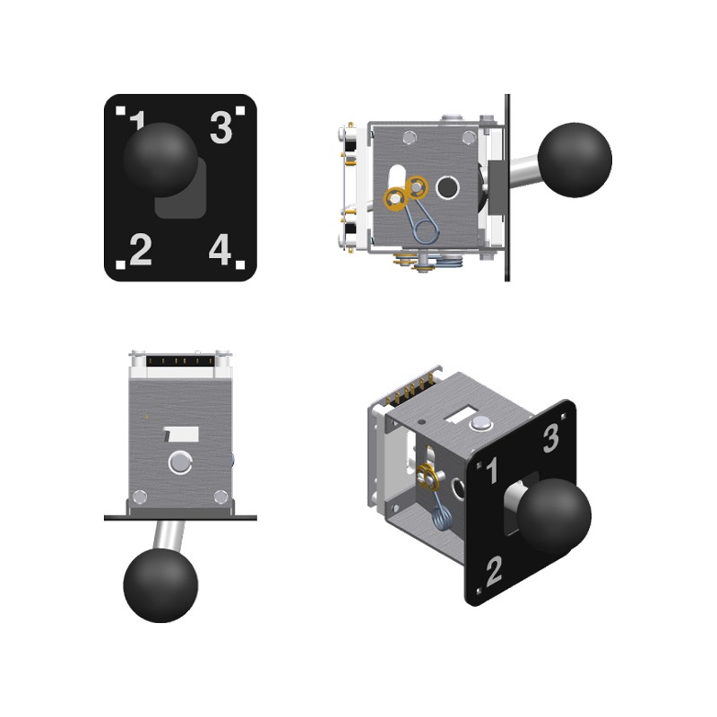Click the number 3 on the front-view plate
221,127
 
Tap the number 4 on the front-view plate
220,249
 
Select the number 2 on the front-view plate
141,249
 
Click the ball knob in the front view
160,160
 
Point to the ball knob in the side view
574,160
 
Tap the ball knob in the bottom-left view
160,585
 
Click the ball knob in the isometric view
554,515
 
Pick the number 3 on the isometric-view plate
551,438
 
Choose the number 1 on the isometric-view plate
492,470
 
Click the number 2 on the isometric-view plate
495,571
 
